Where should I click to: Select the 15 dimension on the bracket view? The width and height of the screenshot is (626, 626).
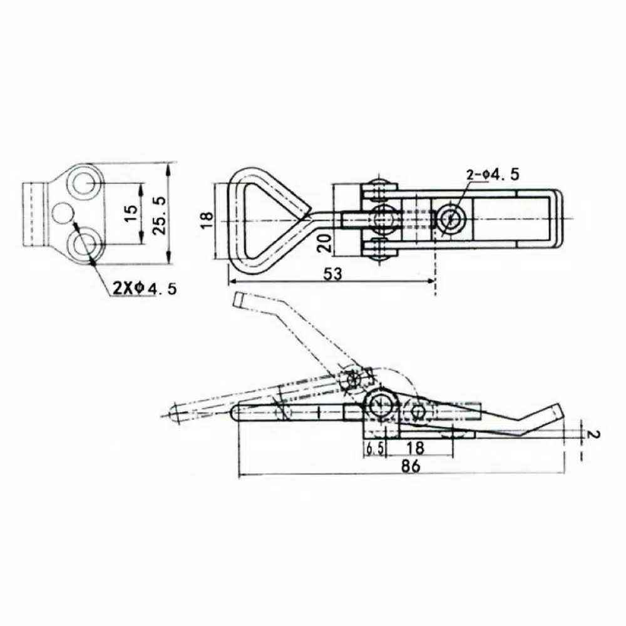tap(131, 214)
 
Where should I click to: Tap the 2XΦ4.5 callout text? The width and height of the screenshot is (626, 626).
tap(145, 289)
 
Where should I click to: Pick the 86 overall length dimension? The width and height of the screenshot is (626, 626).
tap(410, 467)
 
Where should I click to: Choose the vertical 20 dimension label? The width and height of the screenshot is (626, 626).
tap(324, 243)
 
